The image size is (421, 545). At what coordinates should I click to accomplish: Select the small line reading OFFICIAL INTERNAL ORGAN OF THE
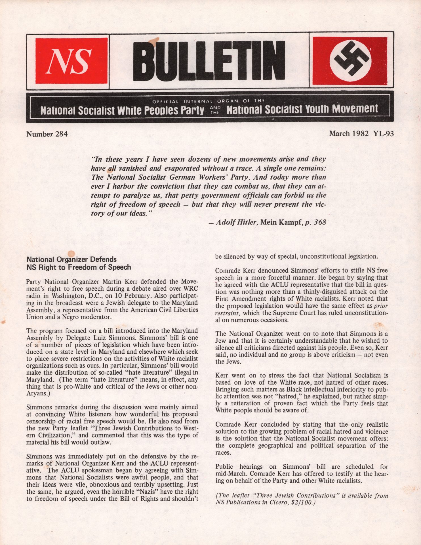point(209,101)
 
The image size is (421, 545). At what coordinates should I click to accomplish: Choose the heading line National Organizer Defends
point(71,259)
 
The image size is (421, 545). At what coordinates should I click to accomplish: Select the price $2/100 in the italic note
point(301,502)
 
